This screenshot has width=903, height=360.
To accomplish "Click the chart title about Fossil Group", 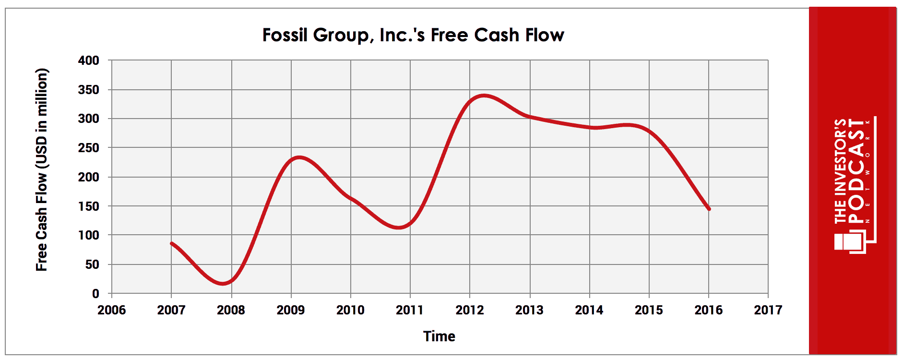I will (413, 35).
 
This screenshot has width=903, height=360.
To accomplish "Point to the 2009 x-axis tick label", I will (290, 310).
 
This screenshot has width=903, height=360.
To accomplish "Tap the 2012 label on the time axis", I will (470, 310).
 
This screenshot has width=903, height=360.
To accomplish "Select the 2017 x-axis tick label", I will (768, 310).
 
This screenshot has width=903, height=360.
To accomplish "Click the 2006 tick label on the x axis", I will (111, 310).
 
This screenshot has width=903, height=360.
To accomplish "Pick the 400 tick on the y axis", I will (89, 60).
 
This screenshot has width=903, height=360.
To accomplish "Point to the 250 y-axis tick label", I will (89, 148).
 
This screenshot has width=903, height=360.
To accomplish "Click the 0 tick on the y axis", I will (95, 293).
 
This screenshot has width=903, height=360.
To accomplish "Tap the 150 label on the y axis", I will (89, 206).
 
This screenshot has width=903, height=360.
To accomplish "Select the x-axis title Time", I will (439, 336).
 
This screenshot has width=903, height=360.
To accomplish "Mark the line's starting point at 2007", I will (171, 243).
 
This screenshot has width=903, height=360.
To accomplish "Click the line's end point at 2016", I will (709, 209).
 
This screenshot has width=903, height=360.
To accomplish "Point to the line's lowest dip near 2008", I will (223, 284).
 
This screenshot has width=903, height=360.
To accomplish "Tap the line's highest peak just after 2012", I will (484, 96).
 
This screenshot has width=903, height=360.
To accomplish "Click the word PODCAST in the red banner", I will (856, 171).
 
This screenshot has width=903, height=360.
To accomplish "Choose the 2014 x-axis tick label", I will (589, 310).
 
